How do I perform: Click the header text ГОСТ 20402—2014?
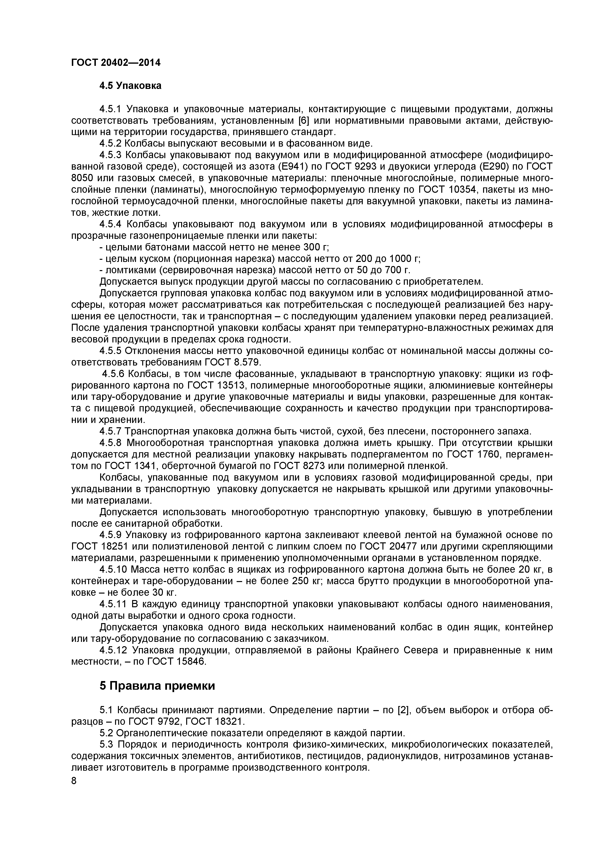[116, 63]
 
